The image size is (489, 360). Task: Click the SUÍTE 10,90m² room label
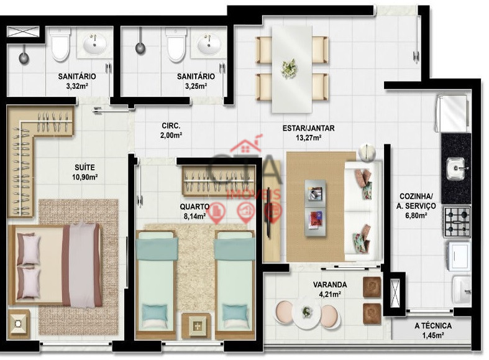[85, 172]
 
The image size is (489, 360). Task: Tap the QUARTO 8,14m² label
[194, 211]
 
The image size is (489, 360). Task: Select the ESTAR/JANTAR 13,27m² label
[308, 132]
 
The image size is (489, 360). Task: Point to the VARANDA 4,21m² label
[330, 289]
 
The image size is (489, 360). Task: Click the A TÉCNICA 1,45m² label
[433, 330]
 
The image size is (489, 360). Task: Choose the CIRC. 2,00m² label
[171, 131]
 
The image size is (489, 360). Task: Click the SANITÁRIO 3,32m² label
[76, 81]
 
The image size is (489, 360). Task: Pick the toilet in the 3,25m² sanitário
[176, 45]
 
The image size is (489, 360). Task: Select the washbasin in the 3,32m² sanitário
[95, 45]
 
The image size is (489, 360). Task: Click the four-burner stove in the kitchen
[457, 222]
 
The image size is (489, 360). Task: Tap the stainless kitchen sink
[456, 169]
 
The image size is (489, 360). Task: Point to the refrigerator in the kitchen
[452, 114]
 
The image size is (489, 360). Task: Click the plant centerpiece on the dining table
[289, 68]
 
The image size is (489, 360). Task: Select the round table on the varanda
[306, 313]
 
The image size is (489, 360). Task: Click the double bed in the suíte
[55, 264]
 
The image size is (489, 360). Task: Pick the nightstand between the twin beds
[196, 326]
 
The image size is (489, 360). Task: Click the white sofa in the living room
[363, 211]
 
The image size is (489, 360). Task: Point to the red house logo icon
[247, 145]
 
